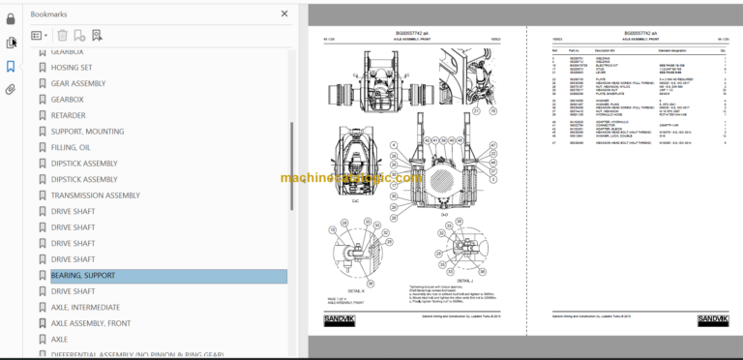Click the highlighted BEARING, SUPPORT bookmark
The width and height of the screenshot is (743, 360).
coord(82,276)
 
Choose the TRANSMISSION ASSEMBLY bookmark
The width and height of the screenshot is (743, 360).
coord(95,195)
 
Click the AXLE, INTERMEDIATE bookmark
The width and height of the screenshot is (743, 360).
coord(85,307)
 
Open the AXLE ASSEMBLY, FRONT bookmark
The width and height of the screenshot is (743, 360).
coord(91,323)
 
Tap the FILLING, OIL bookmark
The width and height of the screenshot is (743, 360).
coord(71,147)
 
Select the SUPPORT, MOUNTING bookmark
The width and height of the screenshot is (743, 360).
coord(87,131)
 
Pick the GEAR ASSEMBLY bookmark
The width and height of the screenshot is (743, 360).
coord(78,83)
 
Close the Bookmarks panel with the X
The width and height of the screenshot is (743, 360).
coord(283,15)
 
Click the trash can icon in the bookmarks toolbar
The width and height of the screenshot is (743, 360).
coord(63,36)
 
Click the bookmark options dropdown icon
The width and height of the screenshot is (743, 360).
coord(40,36)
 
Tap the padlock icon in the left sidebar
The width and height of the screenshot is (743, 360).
coord(12,17)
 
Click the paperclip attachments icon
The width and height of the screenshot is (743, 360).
coord(12,89)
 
